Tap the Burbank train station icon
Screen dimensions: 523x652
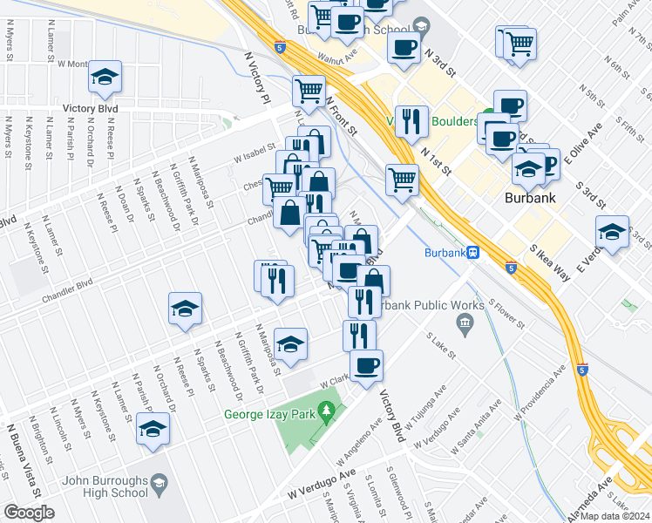[x=472, y=253]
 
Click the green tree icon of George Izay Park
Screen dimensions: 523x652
[x=327, y=410]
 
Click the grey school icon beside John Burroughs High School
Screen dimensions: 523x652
[x=160, y=482]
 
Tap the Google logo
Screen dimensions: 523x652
[x=29, y=513]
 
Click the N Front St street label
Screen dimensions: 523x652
[x=341, y=114]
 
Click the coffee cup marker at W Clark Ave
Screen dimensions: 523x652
[x=366, y=365]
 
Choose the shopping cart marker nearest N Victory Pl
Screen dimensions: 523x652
[x=309, y=89]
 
